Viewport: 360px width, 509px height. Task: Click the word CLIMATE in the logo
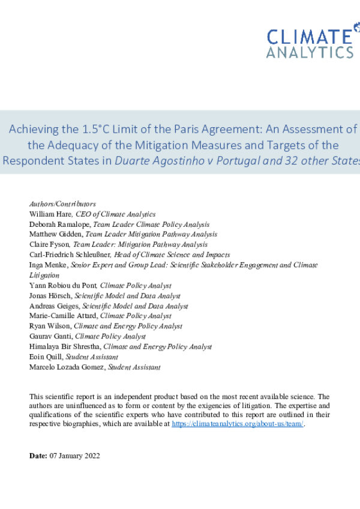pyautogui.click(x=310, y=37)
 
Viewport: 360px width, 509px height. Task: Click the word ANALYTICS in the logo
pyautogui.click(x=310, y=52)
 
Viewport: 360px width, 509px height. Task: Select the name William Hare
pyautogui.click(x=49, y=214)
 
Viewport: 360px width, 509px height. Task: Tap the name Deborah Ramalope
pyautogui.click(x=57, y=224)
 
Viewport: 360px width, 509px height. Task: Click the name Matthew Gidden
pyautogui.click(x=55, y=234)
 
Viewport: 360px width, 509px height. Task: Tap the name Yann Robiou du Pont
pyautogui.click(x=63, y=285)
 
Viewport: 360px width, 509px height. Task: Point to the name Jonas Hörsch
pyautogui.click(x=50, y=295)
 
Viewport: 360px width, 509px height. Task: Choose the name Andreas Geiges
pyautogui.click(x=54, y=306)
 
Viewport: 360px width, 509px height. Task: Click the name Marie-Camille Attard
pyautogui.click(x=64, y=316)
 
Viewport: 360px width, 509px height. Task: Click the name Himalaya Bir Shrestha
pyautogui.click(x=65, y=346)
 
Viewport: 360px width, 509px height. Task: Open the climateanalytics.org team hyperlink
pyautogui.click(x=238, y=424)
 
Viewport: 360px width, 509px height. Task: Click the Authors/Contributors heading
pyautogui.click(x=62, y=204)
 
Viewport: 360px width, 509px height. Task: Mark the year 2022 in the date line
pyautogui.click(x=91, y=456)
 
